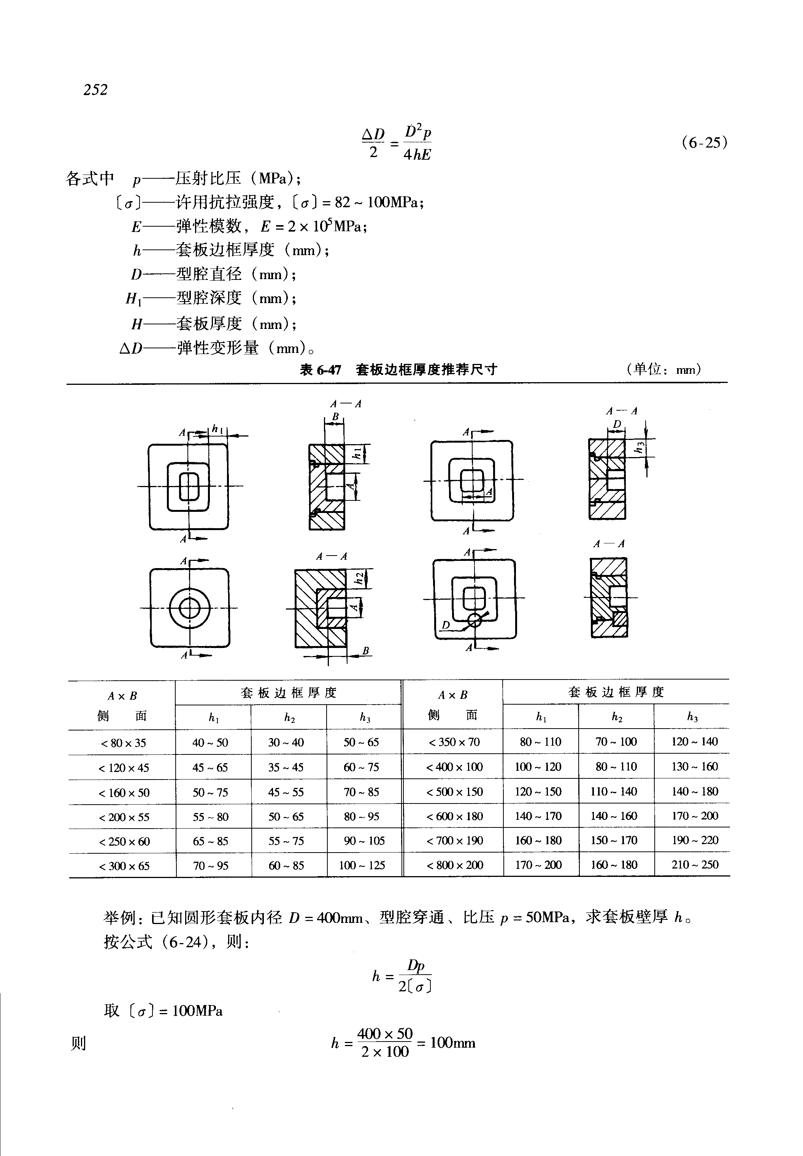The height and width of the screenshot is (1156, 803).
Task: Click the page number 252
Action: (x=95, y=90)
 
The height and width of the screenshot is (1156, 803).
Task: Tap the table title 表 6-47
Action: (x=321, y=370)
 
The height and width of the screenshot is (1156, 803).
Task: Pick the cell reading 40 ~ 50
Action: (x=210, y=742)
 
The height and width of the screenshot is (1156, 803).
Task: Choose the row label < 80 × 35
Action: (x=123, y=743)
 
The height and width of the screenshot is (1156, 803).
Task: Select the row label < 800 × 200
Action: (x=454, y=865)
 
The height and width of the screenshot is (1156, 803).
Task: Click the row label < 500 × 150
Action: (x=454, y=792)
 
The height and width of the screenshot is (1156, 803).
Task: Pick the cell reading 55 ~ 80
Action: (x=210, y=816)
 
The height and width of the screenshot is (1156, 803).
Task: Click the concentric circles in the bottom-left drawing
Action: (x=190, y=609)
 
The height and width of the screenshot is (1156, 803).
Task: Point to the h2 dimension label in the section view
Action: (x=359, y=578)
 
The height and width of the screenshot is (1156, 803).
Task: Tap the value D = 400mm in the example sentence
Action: (x=326, y=918)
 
